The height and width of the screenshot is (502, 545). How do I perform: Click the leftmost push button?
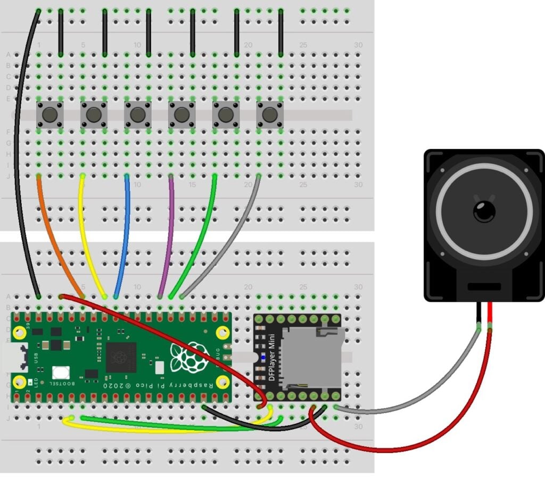49,114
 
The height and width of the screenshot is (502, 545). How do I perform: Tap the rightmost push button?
270,114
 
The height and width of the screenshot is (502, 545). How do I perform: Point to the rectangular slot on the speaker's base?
483,286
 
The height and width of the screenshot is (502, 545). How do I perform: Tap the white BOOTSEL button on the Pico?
61,372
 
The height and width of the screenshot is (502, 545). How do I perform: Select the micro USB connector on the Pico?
10,358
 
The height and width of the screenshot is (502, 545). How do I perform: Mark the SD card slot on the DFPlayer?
311,357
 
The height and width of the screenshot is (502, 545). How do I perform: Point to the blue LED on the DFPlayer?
262,357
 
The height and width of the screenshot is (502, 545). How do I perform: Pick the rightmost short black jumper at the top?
280,32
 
